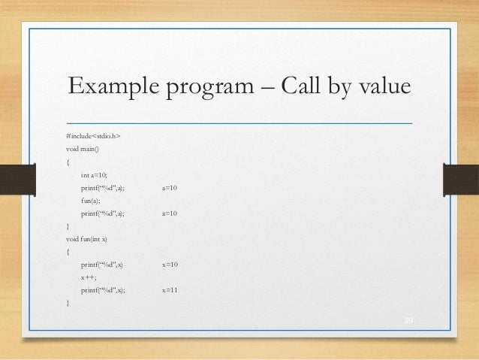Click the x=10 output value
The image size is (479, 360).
(x=170, y=265)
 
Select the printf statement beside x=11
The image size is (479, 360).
(x=104, y=290)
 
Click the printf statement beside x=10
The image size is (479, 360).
(x=103, y=265)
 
